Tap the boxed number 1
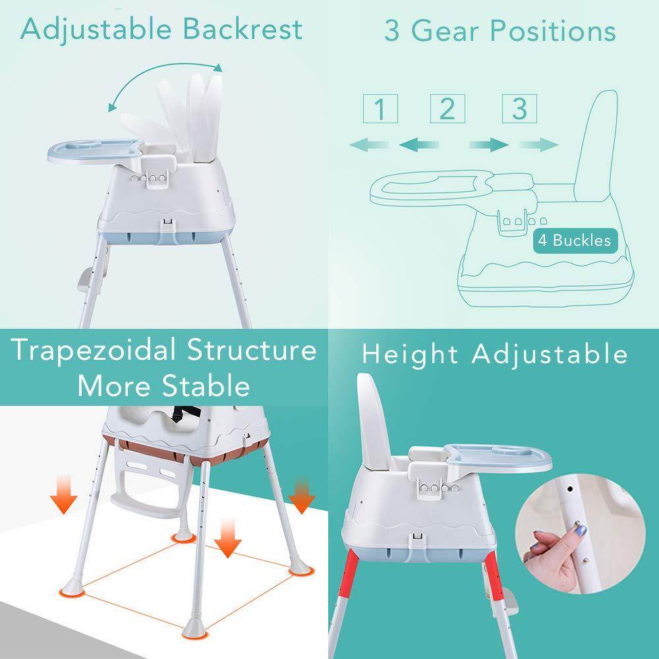[380, 109]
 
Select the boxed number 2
[447, 108]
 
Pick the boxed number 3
[519, 108]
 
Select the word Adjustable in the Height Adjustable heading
[550, 354]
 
